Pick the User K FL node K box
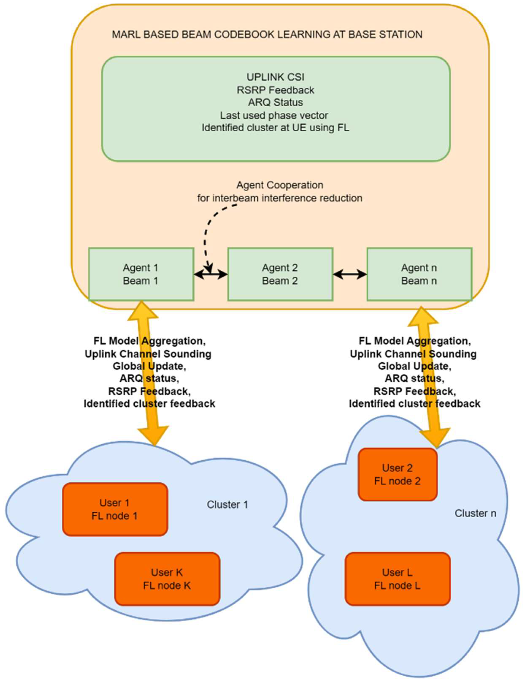pyautogui.click(x=167, y=579)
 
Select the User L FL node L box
pyautogui.click(x=397, y=579)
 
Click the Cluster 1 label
pyautogui.click(x=227, y=505)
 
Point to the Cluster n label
pyautogui.click(x=475, y=513)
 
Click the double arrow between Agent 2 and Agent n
pyautogui.click(x=350, y=274)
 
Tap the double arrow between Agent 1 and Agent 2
pyautogui.click(x=211, y=274)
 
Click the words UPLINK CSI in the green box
pyautogui.click(x=276, y=77)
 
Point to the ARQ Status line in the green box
pyautogui.click(x=276, y=102)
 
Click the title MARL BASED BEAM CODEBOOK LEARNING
pyautogui.click(x=267, y=34)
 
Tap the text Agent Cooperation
pyautogui.click(x=280, y=185)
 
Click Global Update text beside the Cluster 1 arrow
pyautogui.click(x=149, y=366)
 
